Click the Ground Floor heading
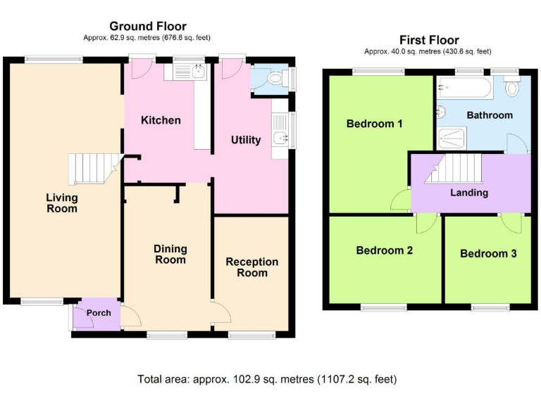(x=148, y=26)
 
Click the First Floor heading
(x=429, y=40)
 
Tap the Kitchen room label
(x=161, y=120)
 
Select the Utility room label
(x=246, y=140)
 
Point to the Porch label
(x=99, y=313)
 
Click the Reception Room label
(x=252, y=267)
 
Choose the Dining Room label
(x=170, y=254)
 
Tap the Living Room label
(x=62, y=202)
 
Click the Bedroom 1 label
(x=374, y=124)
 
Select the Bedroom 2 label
(x=385, y=250)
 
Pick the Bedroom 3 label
(x=488, y=253)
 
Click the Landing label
(x=469, y=193)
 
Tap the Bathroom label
(x=490, y=115)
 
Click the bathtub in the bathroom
(x=464, y=87)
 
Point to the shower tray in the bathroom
(x=452, y=139)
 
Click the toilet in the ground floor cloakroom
(x=278, y=79)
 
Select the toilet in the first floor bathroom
(x=512, y=85)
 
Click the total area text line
(x=267, y=379)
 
